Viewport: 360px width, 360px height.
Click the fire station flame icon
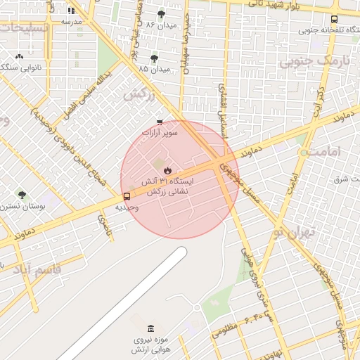coord(167,170)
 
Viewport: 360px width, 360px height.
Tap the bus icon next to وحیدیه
coord(127,197)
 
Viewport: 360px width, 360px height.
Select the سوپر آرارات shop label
coord(160,132)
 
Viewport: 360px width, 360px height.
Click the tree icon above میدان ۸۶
coord(161,14)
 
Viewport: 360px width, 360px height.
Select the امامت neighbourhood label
coord(323,152)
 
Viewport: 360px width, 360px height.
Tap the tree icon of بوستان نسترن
coord(22,195)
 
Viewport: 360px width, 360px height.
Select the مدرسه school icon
coord(71,11)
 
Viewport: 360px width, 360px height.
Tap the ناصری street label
coord(103,226)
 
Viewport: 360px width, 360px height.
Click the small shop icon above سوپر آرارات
coord(160,122)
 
